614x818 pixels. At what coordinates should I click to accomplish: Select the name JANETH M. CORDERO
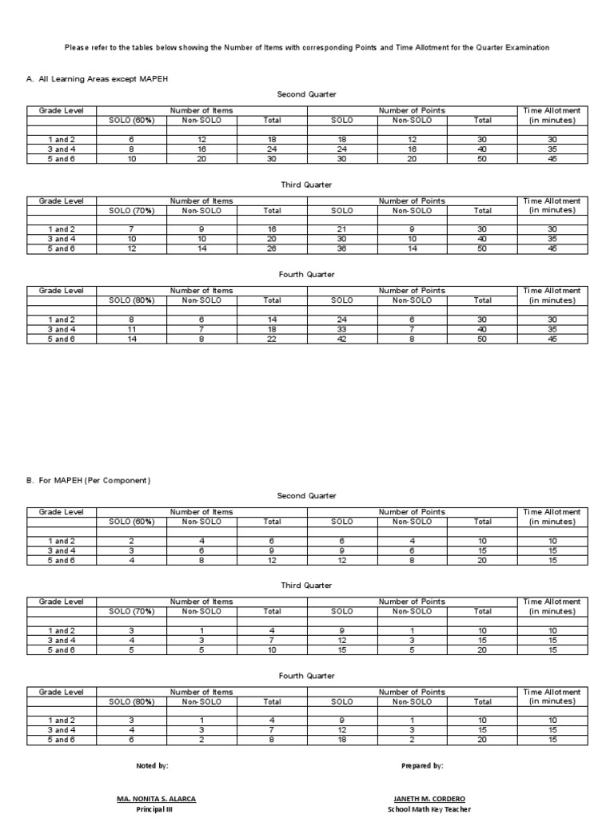[x=430, y=799]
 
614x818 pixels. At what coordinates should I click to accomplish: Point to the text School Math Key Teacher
[x=430, y=809]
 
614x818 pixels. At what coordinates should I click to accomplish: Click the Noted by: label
[x=152, y=766]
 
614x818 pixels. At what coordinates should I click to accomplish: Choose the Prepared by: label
[x=422, y=766]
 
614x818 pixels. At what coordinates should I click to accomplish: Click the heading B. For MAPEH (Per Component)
[x=88, y=481]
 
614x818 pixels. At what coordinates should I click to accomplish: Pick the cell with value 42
[x=341, y=339]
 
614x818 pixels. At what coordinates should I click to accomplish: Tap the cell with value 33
[x=341, y=328]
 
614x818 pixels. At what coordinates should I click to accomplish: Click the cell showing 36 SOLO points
[x=341, y=249]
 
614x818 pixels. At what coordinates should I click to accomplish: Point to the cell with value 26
[x=272, y=249]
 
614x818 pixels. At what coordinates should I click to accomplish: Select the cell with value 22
[x=272, y=339]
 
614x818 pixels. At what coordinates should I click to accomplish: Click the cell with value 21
[x=341, y=229]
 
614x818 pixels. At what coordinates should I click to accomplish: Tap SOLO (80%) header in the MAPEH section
[x=132, y=702]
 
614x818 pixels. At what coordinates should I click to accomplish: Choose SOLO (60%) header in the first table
[x=132, y=121]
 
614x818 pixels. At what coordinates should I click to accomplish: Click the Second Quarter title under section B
[x=307, y=496]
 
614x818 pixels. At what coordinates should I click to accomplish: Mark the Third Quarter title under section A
[x=307, y=185]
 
